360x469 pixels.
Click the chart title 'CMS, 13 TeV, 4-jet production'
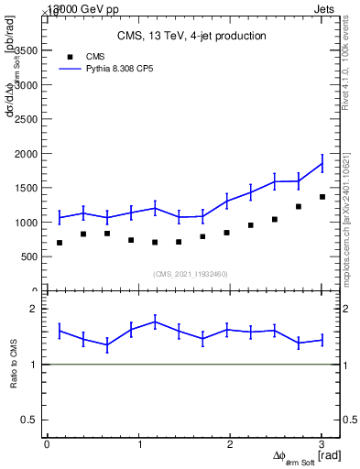[191, 37]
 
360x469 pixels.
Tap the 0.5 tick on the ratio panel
[30, 420]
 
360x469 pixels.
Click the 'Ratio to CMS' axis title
[14, 365]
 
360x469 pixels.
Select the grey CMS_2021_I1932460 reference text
[191, 274]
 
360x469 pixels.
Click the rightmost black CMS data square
[322, 197]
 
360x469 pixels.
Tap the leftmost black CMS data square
[60, 243]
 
